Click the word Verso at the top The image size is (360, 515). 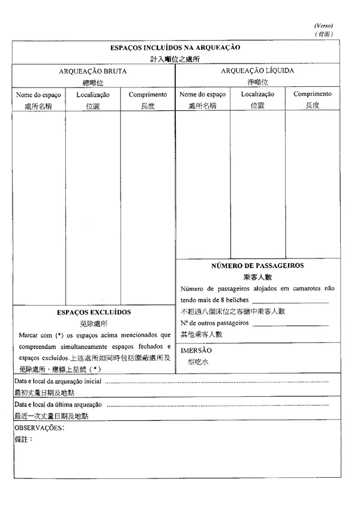[x=323, y=26]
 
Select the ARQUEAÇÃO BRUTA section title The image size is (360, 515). [x=93, y=71]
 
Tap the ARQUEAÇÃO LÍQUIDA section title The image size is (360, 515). [x=257, y=71]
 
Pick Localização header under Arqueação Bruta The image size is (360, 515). [x=93, y=95]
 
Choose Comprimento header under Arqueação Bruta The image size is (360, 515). [x=148, y=95]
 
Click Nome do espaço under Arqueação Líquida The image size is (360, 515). [x=202, y=95]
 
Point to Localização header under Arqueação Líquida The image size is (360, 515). [x=257, y=94]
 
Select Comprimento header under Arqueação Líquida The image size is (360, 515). [x=312, y=94]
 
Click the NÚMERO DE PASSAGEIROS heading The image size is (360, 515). [x=257, y=265]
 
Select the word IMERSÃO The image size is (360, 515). [x=196, y=350]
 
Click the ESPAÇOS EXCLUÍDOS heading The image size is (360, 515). [x=94, y=312]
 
